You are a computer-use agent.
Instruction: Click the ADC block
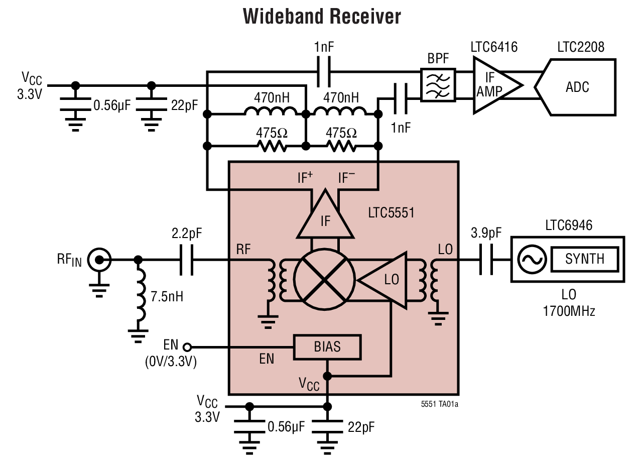coord(577,87)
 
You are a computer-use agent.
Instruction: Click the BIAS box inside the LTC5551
coord(327,347)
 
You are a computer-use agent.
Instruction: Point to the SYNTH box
coord(585,259)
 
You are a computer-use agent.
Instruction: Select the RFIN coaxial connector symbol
coord(99,260)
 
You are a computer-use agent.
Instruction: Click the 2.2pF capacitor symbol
coord(186,260)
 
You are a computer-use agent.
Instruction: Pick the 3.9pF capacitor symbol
coord(485,260)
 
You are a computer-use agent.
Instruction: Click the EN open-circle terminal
coord(187,347)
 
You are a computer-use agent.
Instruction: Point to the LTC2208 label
coord(580,47)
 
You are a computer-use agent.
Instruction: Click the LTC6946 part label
coord(568,225)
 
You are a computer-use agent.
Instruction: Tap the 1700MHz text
coord(568,311)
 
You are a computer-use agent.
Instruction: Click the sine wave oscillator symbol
coord(531,259)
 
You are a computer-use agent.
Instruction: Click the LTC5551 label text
coord(391,212)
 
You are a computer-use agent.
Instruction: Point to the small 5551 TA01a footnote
coord(439,403)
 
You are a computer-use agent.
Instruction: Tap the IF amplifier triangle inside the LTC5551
coord(325,217)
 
